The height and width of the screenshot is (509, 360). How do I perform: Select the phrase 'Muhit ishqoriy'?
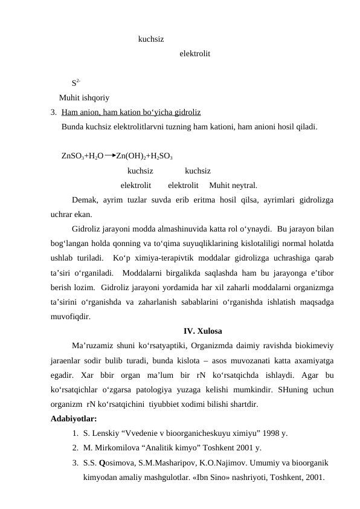tap(84, 97)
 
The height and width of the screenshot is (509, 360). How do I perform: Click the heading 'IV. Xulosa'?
tap(202, 331)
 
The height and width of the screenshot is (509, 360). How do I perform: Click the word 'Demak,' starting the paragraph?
tap(85, 200)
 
